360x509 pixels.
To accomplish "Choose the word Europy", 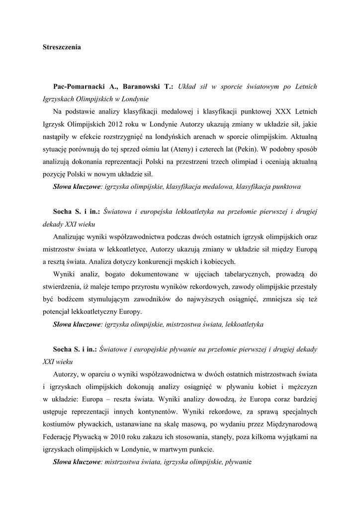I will coord(131,312).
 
